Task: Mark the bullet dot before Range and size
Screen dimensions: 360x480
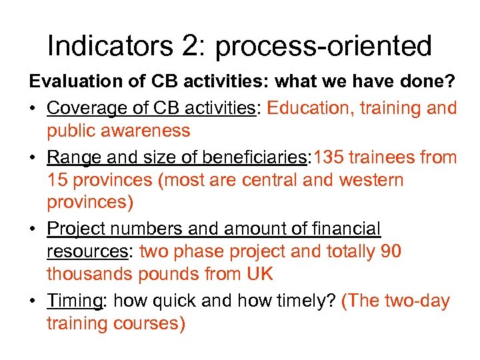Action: pos(33,158)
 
